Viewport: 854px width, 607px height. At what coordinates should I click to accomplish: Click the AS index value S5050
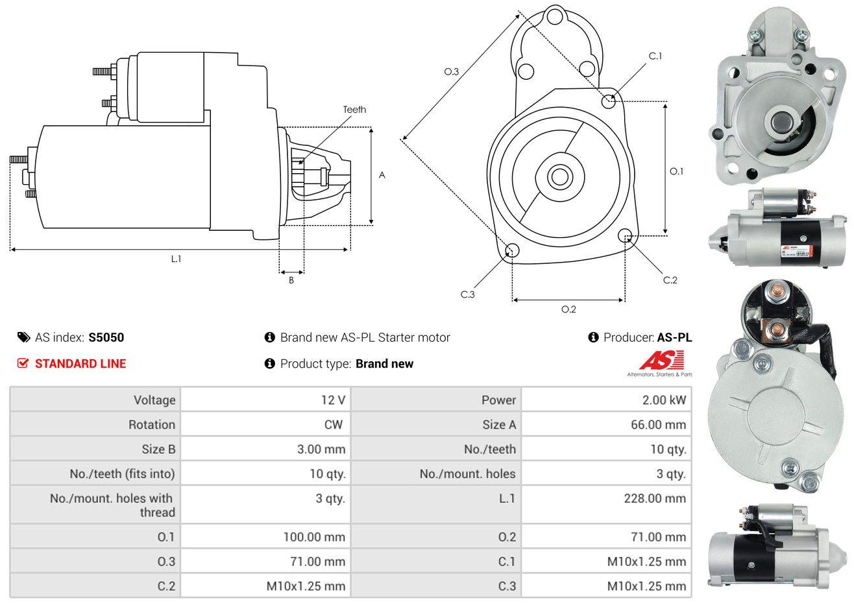(x=106, y=337)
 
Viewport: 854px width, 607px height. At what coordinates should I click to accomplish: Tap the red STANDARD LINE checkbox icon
(x=23, y=363)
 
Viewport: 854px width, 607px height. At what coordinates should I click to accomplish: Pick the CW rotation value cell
(x=333, y=424)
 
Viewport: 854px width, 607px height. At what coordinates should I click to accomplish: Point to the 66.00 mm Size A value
(x=656, y=424)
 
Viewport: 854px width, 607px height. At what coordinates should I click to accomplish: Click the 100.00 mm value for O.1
(x=314, y=536)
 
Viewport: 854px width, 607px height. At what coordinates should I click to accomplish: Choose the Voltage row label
(x=154, y=399)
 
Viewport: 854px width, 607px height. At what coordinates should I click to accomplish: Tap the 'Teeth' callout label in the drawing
(x=354, y=109)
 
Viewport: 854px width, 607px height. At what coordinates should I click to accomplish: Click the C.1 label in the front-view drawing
(x=655, y=56)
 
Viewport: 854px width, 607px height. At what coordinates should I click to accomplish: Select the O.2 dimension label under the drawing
(x=568, y=309)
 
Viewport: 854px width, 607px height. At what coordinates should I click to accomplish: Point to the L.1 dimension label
(x=176, y=259)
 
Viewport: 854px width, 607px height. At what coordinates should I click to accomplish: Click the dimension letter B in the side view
(x=291, y=281)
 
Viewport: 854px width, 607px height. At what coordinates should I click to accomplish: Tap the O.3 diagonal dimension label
(x=452, y=72)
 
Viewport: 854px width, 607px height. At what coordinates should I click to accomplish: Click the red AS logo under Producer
(x=661, y=361)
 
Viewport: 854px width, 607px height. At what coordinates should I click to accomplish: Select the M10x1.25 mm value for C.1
(x=646, y=561)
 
